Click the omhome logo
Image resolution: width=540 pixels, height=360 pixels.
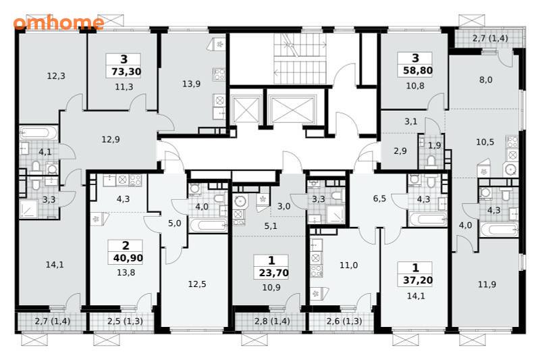pyautogui.click(x=59, y=23)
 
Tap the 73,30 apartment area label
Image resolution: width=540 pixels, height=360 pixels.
pyautogui.click(x=126, y=72)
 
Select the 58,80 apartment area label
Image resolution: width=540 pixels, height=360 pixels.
pyautogui.click(x=418, y=71)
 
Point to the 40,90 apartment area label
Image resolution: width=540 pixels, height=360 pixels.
pyautogui.click(x=128, y=258)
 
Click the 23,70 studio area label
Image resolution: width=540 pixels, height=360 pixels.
pyautogui.click(x=274, y=273)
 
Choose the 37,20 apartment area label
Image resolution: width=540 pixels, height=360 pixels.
pyautogui.click(x=418, y=280)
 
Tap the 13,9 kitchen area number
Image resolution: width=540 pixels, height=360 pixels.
pyautogui.click(x=192, y=84)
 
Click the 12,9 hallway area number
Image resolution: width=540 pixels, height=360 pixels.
pyautogui.click(x=111, y=140)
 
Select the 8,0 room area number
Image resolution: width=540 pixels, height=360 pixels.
pyautogui.click(x=485, y=80)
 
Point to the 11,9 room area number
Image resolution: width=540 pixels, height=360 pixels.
pyautogui.click(x=487, y=284)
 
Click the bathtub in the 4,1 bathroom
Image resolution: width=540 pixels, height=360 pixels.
pyautogui.click(x=38, y=132)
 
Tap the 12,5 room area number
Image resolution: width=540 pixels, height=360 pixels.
pyautogui.click(x=197, y=284)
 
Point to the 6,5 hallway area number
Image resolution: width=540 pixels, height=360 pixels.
pyautogui.click(x=379, y=199)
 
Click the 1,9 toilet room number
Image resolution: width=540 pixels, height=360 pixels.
pyautogui.click(x=435, y=145)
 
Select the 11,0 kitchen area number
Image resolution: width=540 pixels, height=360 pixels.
pyautogui.click(x=348, y=265)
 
